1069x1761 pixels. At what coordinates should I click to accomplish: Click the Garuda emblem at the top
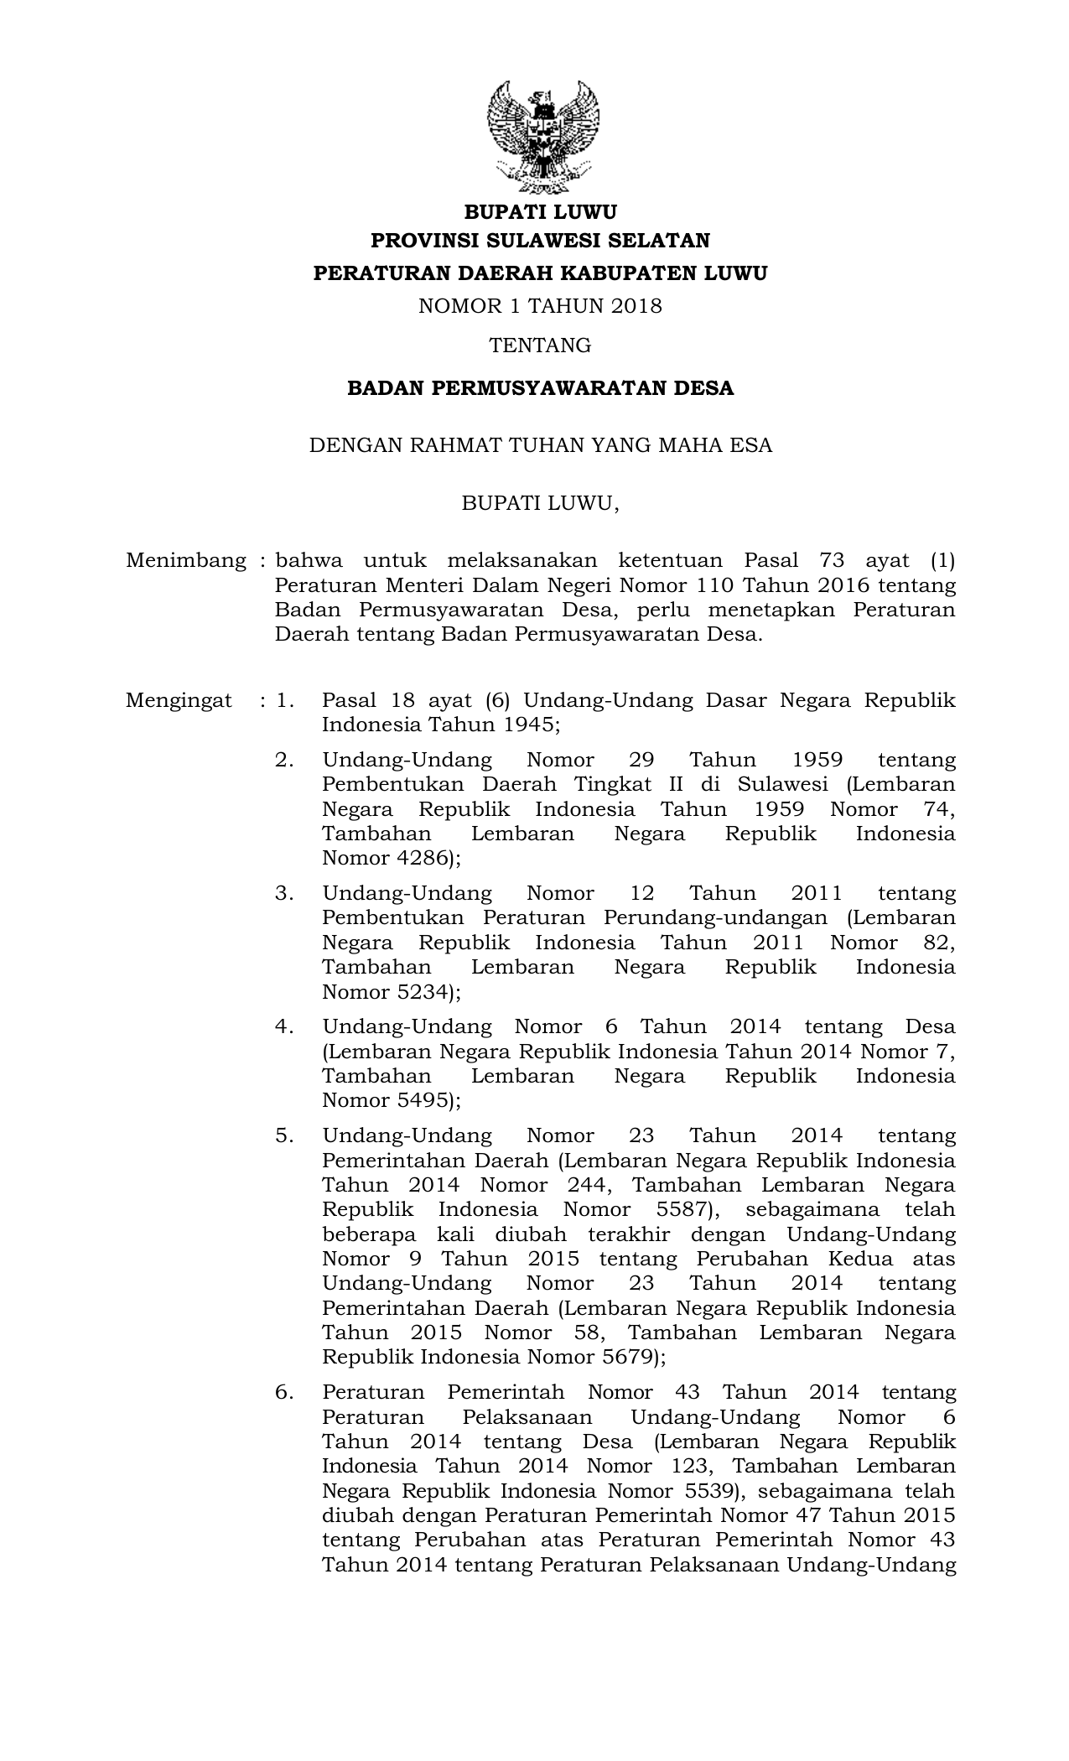click(x=542, y=136)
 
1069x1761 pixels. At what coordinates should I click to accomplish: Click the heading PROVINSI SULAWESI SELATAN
click(x=541, y=242)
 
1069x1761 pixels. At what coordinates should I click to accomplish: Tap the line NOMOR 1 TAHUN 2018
click(x=541, y=306)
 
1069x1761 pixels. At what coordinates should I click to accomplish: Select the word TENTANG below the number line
click(x=541, y=345)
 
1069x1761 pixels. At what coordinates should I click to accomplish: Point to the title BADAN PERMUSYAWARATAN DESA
click(x=541, y=388)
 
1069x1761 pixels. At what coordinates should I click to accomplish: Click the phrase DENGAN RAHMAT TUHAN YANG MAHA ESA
click(x=541, y=445)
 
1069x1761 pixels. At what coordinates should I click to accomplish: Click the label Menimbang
click(x=185, y=560)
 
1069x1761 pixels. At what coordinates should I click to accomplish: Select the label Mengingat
click(x=179, y=700)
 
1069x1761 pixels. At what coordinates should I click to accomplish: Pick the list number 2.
click(x=284, y=760)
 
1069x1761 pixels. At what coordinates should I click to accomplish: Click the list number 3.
click(x=284, y=893)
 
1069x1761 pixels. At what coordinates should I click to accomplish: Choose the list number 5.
click(x=284, y=1135)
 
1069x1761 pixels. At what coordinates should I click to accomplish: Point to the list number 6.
click(x=284, y=1392)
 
